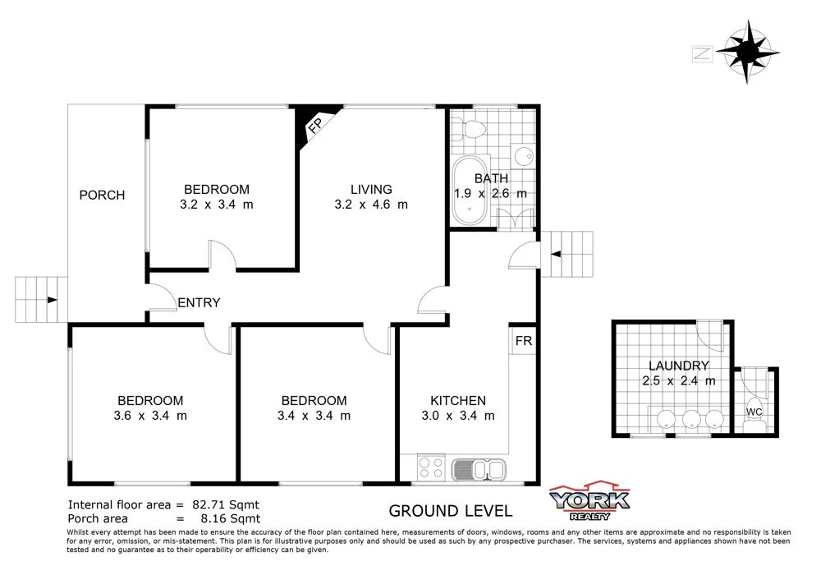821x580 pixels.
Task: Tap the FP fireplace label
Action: coord(314,126)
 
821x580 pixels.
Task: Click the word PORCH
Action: coord(102,195)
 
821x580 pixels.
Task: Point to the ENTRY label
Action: coord(199,302)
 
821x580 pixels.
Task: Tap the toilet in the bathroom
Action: coord(471,129)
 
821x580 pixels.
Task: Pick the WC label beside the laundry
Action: coord(753,411)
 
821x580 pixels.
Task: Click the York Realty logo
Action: coord(589,500)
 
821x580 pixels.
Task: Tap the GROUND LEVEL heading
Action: coord(450,511)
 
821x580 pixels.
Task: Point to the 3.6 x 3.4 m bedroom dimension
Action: coord(150,416)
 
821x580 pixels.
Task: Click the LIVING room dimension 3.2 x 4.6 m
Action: coord(371,205)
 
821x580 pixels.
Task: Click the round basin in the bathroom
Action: coord(522,156)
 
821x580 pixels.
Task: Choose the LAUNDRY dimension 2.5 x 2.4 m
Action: coord(678,380)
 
